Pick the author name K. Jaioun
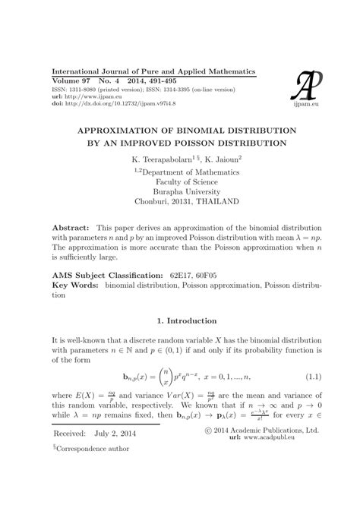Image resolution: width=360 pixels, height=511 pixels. pos(222,160)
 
